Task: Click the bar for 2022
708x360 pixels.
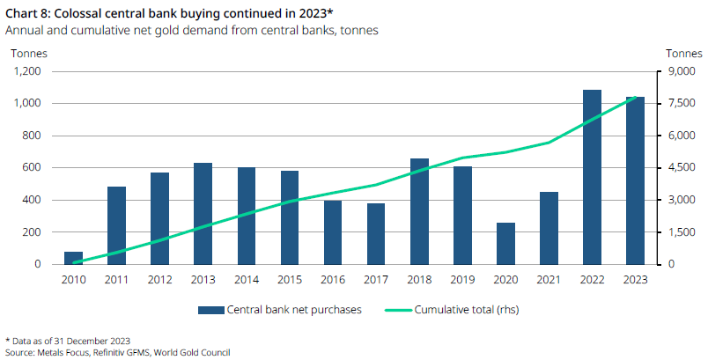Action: pyautogui.click(x=592, y=177)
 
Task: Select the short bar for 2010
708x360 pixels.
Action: pyautogui.click(x=73, y=258)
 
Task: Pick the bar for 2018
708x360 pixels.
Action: pyautogui.click(x=419, y=211)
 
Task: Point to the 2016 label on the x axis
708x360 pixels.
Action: pyautogui.click(x=332, y=279)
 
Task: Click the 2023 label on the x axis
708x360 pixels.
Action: pyautogui.click(x=635, y=279)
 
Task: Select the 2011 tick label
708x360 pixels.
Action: pyautogui.click(x=116, y=279)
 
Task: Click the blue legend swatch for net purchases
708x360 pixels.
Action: pyautogui.click(x=210, y=310)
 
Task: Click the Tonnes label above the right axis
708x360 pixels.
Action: pyautogui.click(x=683, y=53)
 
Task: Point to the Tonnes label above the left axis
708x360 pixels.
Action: pyautogui.click(x=28, y=53)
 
